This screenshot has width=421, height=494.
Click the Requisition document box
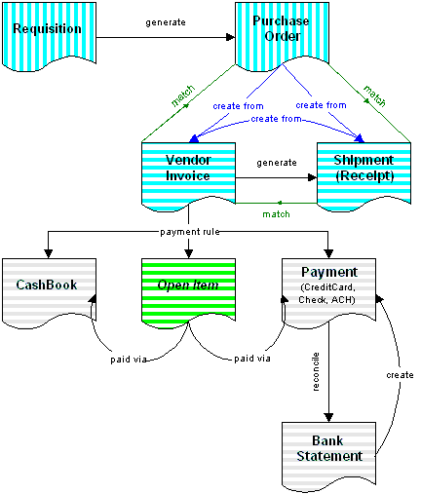pyautogui.click(x=49, y=36)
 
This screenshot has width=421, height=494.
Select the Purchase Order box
pyautogui.click(x=282, y=36)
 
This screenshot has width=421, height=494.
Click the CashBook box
pyautogui.click(x=49, y=292)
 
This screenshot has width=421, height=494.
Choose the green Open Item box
pyautogui.click(x=188, y=292)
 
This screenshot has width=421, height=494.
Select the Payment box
pyautogui.click(x=328, y=292)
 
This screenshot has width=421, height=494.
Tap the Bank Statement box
pyautogui.click(x=328, y=456)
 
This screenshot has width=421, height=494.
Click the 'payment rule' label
pyautogui.click(x=190, y=232)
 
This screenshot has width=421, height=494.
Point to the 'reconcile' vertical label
pyautogui.click(x=316, y=371)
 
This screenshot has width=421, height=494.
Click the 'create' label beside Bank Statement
pyautogui.click(x=400, y=375)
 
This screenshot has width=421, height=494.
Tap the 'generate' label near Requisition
pyautogui.click(x=166, y=22)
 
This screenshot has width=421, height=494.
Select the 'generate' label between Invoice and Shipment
pyautogui.click(x=277, y=163)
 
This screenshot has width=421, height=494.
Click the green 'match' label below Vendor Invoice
pyautogui.click(x=276, y=214)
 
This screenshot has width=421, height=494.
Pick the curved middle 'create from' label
pyautogui.click(x=276, y=119)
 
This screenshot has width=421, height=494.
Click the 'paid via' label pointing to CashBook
pyautogui.click(x=129, y=360)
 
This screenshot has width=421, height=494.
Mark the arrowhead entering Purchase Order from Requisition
pyautogui.click(x=230, y=37)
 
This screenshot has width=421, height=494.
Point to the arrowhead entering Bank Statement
pyautogui.click(x=328, y=418)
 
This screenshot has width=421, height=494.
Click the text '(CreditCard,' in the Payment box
pyautogui.click(x=328, y=287)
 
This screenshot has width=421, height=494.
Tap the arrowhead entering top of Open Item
pyautogui.click(x=188, y=254)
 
